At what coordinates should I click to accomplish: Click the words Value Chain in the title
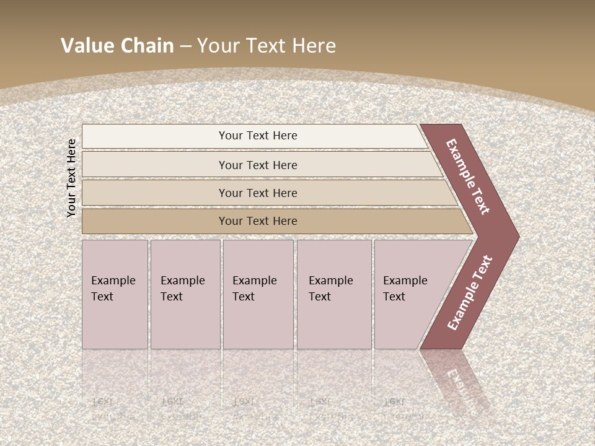pyautogui.click(x=117, y=45)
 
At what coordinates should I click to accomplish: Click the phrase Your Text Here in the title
pyautogui.click(x=267, y=45)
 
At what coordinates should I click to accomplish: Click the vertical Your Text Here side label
pyautogui.click(x=71, y=178)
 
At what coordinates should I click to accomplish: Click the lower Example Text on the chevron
pyautogui.click(x=470, y=293)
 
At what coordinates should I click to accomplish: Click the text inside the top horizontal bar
pyautogui.click(x=258, y=136)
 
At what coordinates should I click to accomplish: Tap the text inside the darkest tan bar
pyautogui.click(x=258, y=221)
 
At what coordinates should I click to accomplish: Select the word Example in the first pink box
pyautogui.click(x=113, y=281)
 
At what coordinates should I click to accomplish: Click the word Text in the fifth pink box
pyautogui.click(x=394, y=297)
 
